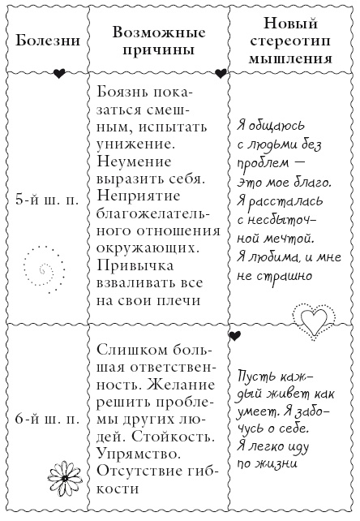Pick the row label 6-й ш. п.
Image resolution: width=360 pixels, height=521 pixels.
tap(47, 421)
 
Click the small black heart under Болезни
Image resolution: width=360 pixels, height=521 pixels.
tap(58, 74)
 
